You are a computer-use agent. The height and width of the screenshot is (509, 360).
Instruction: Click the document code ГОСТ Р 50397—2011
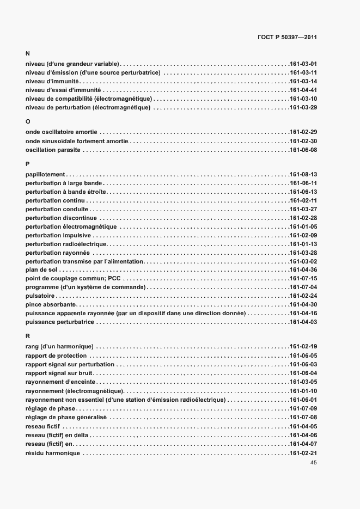[286, 38]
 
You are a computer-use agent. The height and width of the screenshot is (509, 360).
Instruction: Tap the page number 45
[313, 462]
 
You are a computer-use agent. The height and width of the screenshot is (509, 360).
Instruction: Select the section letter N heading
[28, 54]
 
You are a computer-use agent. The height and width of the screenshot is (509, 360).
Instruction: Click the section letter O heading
[28, 122]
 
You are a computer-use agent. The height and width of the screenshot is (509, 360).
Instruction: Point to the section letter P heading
[28, 164]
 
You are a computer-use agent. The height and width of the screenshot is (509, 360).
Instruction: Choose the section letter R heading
[28, 336]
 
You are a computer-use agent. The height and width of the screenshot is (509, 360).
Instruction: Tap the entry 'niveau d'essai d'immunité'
[63, 90]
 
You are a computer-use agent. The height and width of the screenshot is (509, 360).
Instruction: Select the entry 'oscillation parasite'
[53, 150]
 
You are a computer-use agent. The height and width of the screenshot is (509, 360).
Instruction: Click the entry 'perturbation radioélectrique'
[66, 244]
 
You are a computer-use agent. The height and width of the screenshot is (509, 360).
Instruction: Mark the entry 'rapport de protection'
[56, 355]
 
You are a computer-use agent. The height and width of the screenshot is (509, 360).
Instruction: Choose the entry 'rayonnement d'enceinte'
[60, 382]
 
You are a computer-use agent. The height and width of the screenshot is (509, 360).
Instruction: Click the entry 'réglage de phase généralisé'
[66, 417]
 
